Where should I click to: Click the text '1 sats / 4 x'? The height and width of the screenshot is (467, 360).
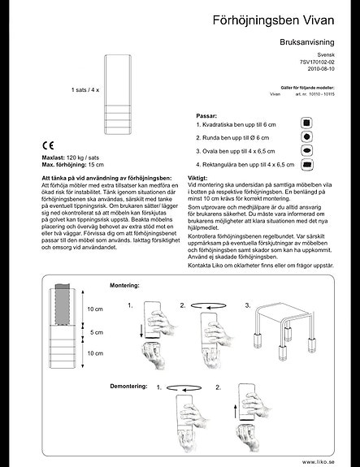(x=85, y=89)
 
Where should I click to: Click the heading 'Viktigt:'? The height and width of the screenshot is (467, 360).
(x=198, y=176)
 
